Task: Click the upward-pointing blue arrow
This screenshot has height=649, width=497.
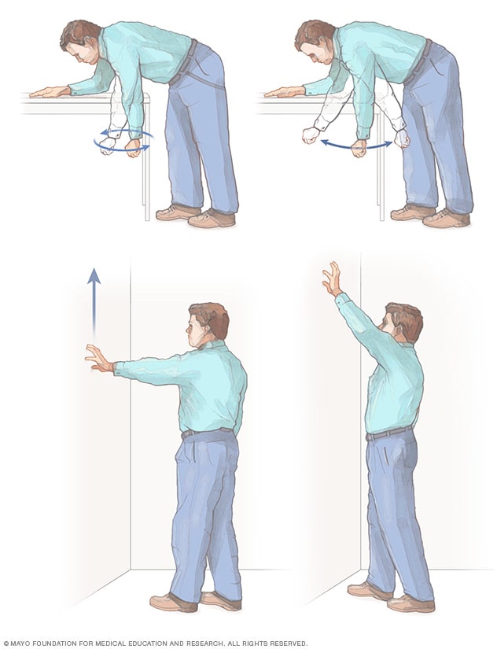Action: tap(94, 303)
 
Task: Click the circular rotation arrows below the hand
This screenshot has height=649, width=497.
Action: tap(122, 142)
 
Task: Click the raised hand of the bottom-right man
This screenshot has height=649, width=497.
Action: tap(331, 279)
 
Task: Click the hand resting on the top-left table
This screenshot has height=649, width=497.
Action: tap(49, 92)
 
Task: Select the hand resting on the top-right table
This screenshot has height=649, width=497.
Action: tap(282, 92)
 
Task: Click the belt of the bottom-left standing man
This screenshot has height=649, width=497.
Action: tap(208, 432)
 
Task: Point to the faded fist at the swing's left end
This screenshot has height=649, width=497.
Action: tap(311, 135)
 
